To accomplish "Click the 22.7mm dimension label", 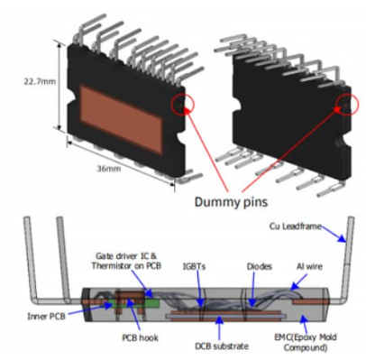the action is [x=40, y=81].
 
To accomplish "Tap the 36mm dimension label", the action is [x=109, y=169].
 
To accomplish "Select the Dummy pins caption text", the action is [x=231, y=201].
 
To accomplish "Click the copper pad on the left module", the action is [x=122, y=119].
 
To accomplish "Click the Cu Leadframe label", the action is [x=296, y=226].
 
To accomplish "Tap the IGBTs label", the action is [x=194, y=266].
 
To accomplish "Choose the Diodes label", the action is [x=260, y=266].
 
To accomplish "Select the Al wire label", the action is [x=309, y=266].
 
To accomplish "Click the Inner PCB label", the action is [x=46, y=317].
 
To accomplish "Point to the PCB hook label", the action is [x=140, y=337].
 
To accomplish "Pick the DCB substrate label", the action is [x=222, y=346].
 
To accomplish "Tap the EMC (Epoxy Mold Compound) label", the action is [x=306, y=342].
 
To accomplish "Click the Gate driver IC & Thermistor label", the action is [x=126, y=261].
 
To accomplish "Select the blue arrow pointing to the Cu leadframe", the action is [x=334, y=234].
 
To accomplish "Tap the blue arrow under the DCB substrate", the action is [x=220, y=328].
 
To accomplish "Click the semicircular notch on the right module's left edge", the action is [x=237, y=104].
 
